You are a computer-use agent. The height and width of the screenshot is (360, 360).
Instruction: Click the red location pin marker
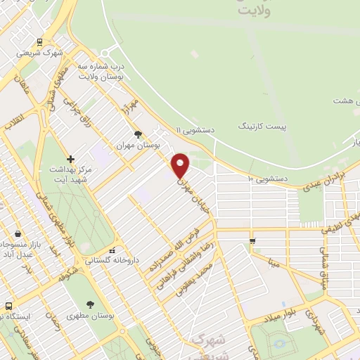[x=180, y=166]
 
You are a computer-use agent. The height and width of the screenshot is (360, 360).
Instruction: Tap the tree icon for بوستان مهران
[x=138, y=134]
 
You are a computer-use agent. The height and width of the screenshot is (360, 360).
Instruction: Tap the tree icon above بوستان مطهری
[x=91, y=304]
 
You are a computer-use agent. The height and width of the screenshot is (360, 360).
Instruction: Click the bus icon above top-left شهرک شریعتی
[x=40, y=42]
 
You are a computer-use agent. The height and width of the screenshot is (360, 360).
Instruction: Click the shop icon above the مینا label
[x=252, y=242]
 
